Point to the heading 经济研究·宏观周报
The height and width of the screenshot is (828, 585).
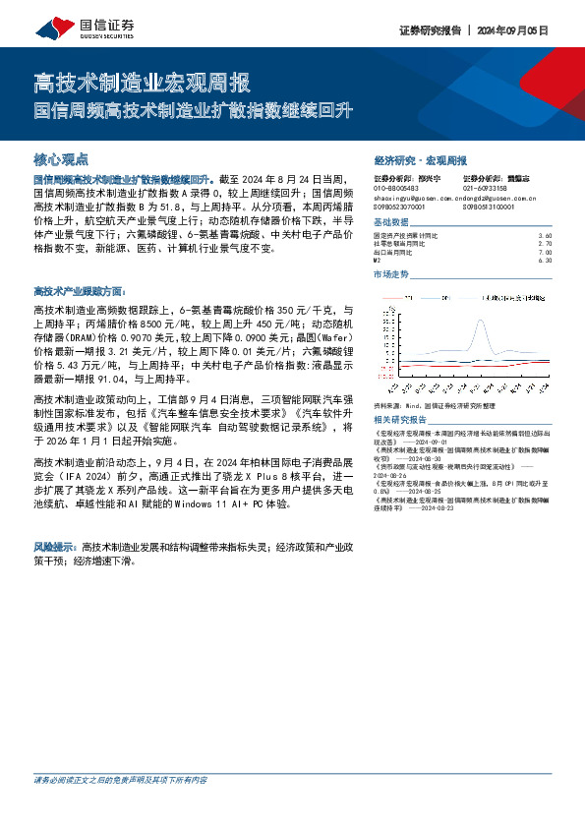click(x=420, y=159)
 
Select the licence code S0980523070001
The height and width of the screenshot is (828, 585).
click(x=400, y=207)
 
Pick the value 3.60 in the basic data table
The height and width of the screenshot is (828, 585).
click(x=546, y=236)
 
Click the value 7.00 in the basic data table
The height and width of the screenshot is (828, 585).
click(x=546, y=252)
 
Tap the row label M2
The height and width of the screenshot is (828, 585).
click(x=379, y=261)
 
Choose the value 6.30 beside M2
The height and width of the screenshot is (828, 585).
click(x=546, y=261)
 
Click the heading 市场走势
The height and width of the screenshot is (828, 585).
click(x=392, y=274)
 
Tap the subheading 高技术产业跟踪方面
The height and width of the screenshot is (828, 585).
click(x=79, y=291)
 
